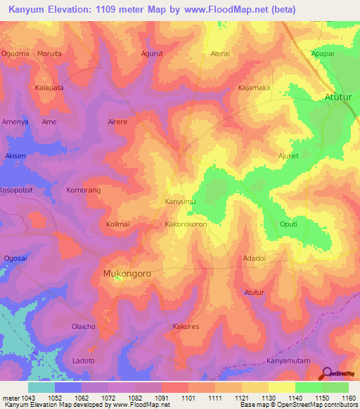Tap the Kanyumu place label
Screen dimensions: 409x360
(180, 202)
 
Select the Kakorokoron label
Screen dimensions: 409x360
(185, 224)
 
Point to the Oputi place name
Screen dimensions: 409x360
(288, 224)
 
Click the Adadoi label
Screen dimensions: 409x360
(254, 258)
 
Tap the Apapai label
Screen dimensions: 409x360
(323, 53)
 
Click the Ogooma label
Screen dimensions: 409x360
(15, 53)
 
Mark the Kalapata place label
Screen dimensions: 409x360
(49, 88)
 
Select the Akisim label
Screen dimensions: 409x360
(15, 156)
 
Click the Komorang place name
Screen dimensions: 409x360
(84, 190)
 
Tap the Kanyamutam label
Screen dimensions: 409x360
(288, 361)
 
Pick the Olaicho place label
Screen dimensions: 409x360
(84, 327)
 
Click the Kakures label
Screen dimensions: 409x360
(186, 327)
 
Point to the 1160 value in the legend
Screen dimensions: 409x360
(348, 397)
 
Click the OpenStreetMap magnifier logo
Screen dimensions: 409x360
(328, 372)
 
